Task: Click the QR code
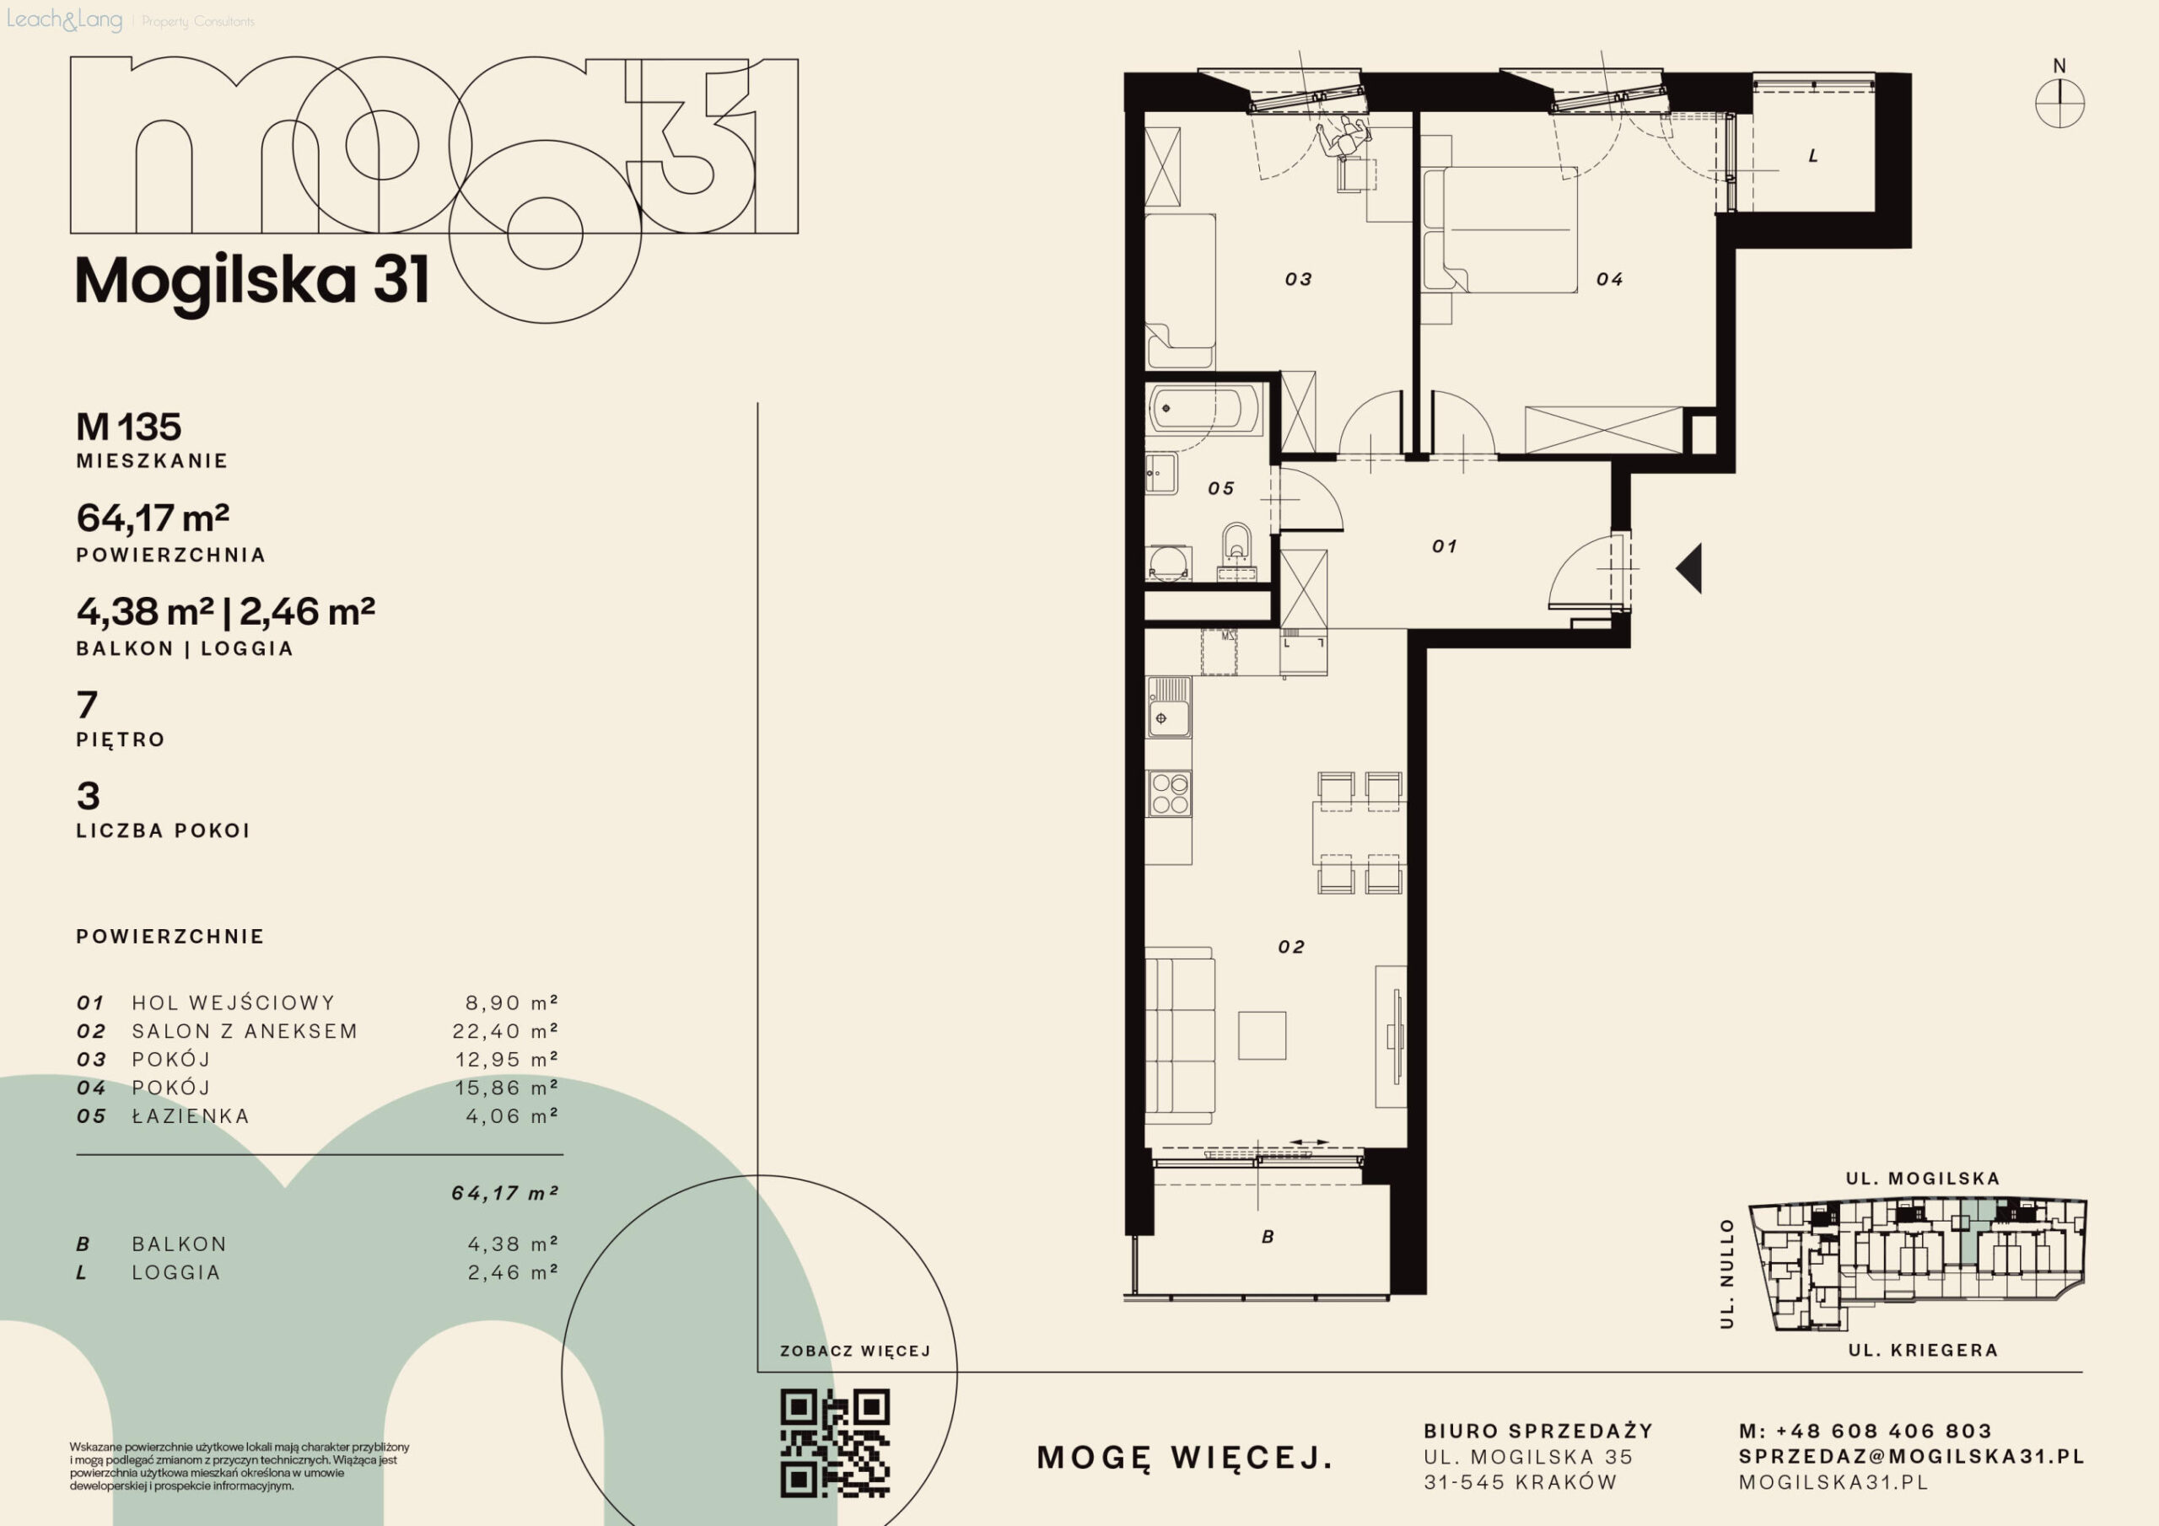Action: point(834,1443)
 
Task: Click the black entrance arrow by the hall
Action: point(1689,569)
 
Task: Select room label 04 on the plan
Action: point(1609,279)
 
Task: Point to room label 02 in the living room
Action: point(1291,947)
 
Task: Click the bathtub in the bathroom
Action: point(1204,409)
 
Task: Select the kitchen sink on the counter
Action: point(1169,707)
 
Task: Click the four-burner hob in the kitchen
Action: point(1170,793)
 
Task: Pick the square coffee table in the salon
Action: point(1262,1035)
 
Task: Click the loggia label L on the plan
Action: point(1813,156)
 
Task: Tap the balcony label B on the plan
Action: point(1268,1238)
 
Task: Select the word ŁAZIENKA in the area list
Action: point(191,1116)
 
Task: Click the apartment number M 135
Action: point(129,427)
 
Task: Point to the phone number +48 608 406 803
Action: point(1883,1431)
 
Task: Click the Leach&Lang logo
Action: point(65,19)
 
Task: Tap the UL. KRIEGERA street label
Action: point(1923,1350)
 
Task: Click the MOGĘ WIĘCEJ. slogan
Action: point(1185,1459)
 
